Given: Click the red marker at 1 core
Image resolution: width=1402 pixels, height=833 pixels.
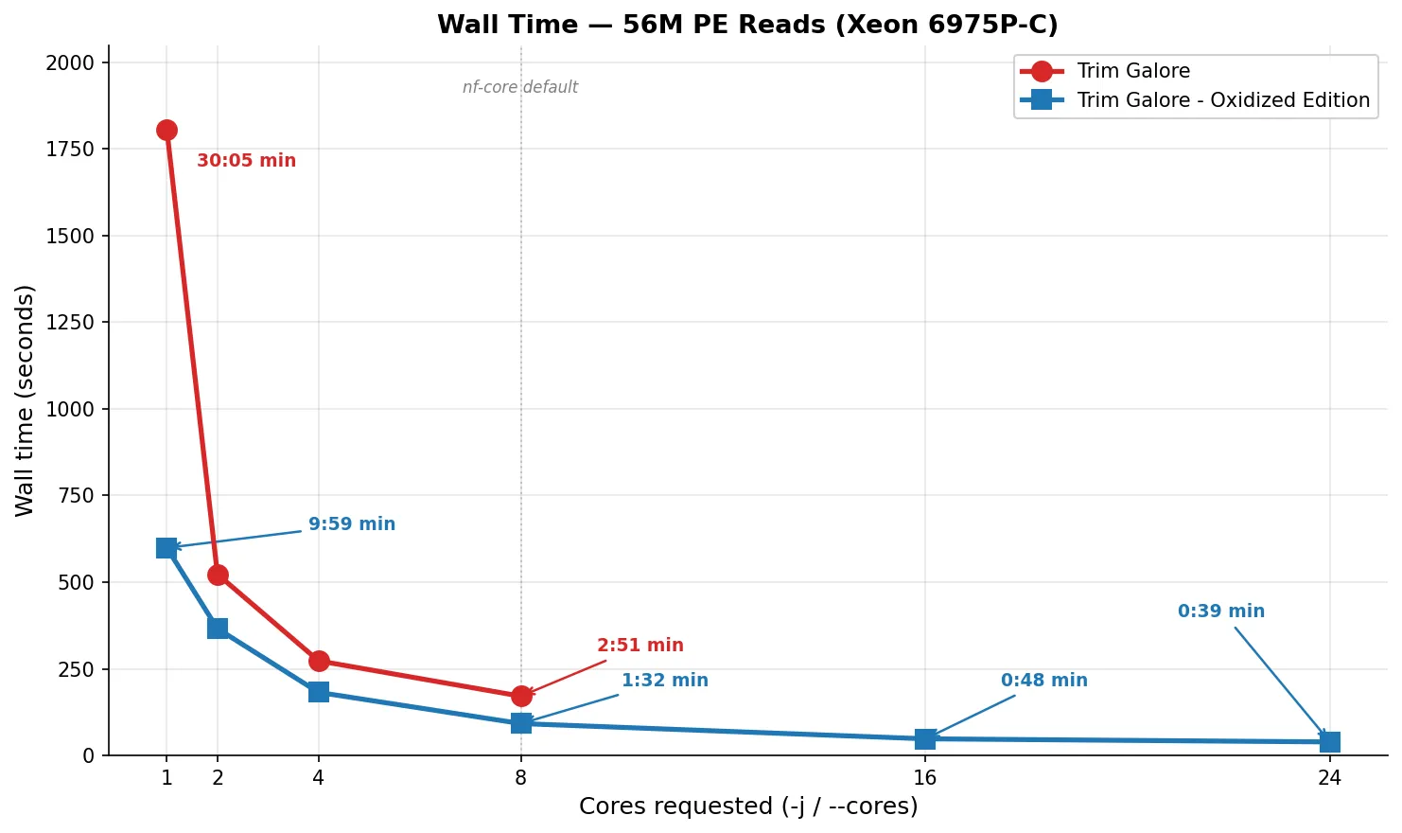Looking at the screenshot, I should coord(166,130).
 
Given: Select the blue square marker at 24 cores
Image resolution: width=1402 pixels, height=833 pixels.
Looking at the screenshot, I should coord(1329,742).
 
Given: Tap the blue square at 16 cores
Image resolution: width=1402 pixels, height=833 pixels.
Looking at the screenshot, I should coord(925,738).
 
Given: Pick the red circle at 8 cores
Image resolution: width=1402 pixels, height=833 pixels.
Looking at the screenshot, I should coord(521,696).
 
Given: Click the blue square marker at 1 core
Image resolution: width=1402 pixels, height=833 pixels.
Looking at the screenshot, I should coord(166,548).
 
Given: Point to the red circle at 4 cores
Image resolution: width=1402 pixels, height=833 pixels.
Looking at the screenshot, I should coord(319,661).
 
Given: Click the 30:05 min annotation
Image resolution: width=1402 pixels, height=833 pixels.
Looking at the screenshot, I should coord(246,161).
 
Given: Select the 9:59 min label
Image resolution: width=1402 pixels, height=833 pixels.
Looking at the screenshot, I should coord(352,524).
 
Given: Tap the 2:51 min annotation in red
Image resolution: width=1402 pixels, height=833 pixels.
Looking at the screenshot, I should coord(640,646).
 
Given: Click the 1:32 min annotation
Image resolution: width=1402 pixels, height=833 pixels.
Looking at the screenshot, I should coord(664,681).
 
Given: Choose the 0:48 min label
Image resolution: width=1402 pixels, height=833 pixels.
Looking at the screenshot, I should coord(1043,681).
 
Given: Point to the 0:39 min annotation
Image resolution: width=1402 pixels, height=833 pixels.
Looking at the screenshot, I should coord(1220,611).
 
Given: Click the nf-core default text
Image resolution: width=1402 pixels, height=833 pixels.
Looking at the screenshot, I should coord(520,87).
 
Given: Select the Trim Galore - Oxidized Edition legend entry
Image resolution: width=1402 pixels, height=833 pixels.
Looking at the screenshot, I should coord(1222,100).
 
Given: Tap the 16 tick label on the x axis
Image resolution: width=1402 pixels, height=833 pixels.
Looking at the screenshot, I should coord(925,778).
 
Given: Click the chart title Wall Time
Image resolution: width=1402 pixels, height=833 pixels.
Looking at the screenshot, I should coord(747,25).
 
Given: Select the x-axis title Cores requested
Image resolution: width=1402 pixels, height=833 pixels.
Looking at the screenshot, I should coord(748,806).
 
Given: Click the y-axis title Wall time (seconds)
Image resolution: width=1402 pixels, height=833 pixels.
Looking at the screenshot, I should coord(25,400).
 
